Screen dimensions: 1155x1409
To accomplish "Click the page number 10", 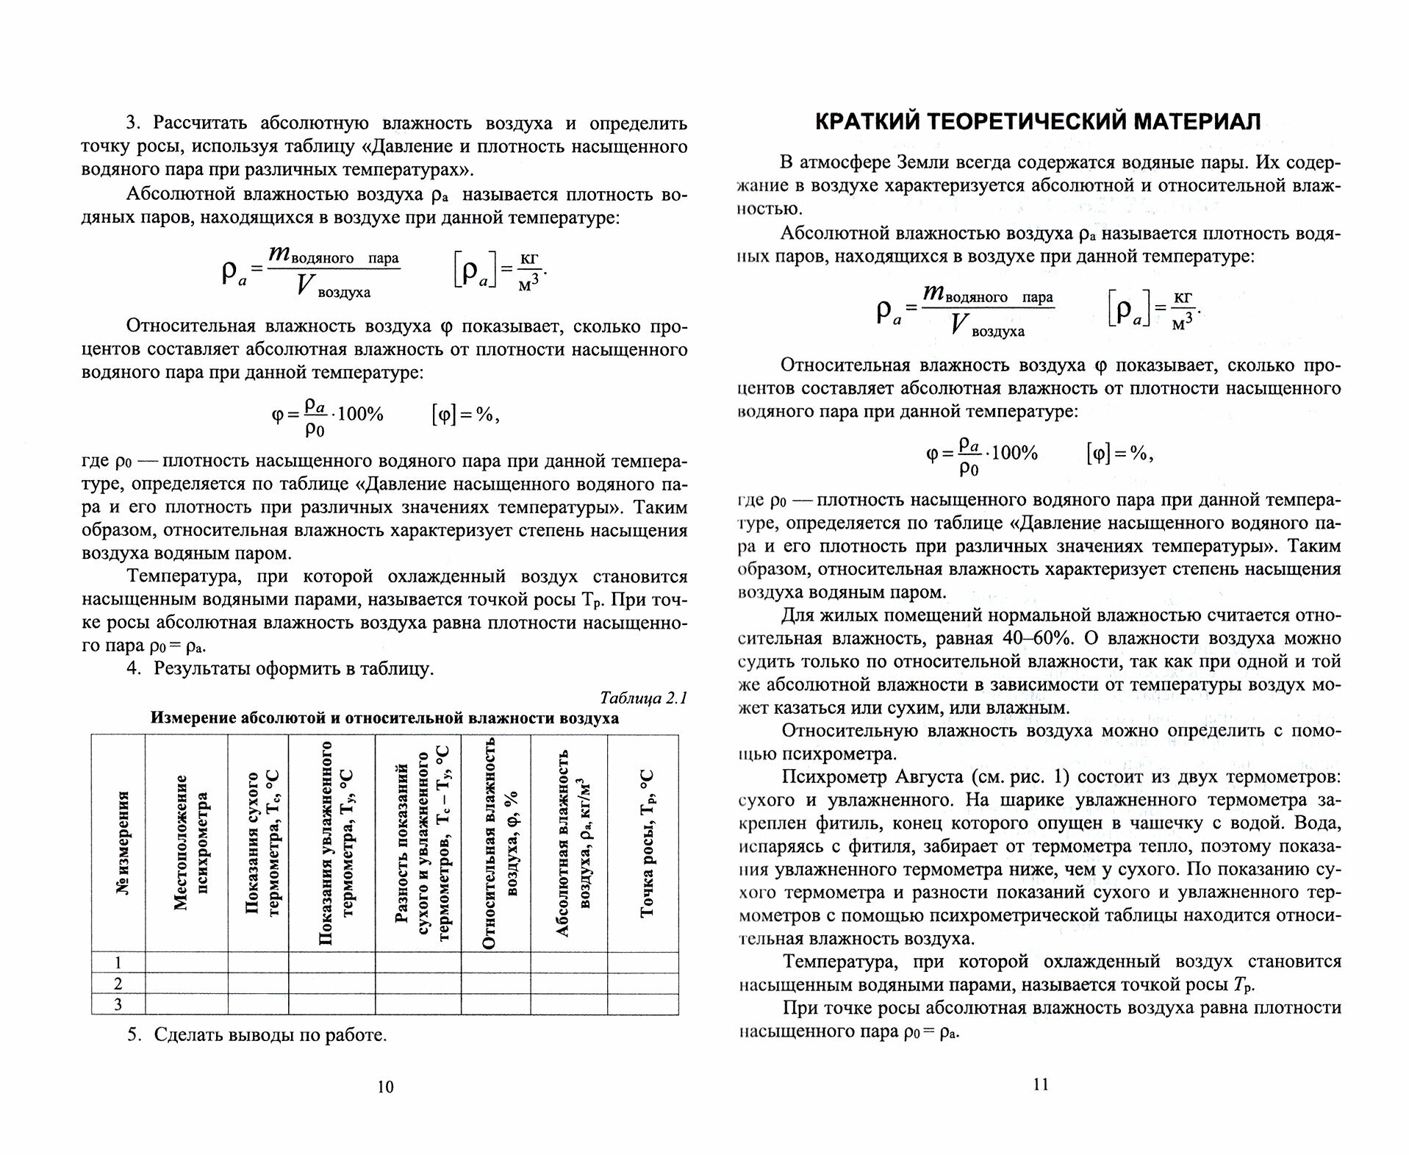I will (385, 1087).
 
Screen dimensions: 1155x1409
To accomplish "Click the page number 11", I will (1040, 1084).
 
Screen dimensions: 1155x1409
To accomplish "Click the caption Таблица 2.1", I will (643, 698).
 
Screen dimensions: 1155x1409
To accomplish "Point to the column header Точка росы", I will (647, 843).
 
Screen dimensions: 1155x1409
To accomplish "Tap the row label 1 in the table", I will (118, 962).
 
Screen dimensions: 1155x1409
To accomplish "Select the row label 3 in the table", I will (118, 1004).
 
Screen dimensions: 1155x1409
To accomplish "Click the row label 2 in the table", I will (118, 984).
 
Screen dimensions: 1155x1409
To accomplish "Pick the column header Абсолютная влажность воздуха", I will (573, 843).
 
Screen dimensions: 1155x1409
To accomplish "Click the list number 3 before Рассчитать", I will (132, 123).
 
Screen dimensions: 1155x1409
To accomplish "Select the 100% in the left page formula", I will (360, 414).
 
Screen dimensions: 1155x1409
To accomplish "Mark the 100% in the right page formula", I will (1014, 453).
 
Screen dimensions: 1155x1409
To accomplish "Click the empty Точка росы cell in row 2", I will (642, 984).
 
